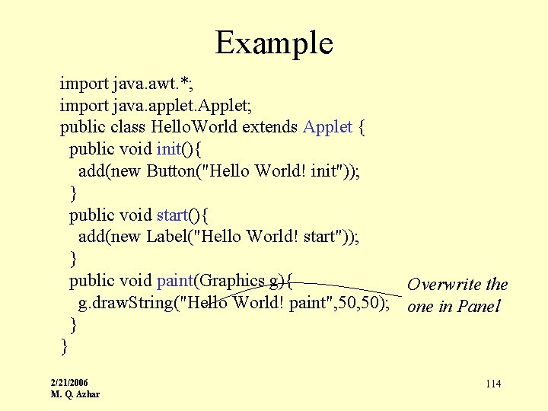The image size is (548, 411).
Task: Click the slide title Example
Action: coord(274,43)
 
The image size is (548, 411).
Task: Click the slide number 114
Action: coord(493,384)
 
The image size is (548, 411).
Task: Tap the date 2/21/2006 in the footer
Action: coord(68,382)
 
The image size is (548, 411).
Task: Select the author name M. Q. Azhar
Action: coord(75,393)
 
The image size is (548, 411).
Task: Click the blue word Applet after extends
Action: coord(327,126)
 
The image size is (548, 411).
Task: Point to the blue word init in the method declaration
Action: coord(169,148)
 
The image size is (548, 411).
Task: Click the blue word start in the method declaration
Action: coord(173,215)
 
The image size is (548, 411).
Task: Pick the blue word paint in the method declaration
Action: coord(176,281)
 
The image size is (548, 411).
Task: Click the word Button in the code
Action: coord(172,170)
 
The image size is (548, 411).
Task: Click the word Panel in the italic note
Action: coord(479,307)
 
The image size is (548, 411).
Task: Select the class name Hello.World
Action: coord(195,126)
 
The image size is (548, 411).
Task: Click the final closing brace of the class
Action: coord(64,346)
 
